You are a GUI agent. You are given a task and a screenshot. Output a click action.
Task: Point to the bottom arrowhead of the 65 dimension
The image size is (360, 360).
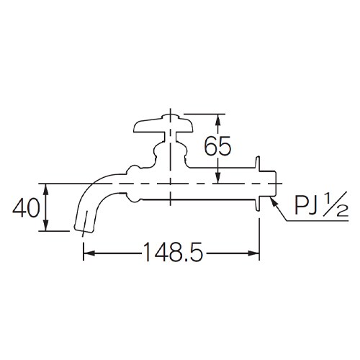[x=217, y=178]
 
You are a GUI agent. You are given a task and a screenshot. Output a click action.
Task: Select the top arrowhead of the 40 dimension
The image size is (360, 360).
[x=46, y=186]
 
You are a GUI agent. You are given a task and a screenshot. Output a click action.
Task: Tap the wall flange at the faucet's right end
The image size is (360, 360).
[x=257, y=184]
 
